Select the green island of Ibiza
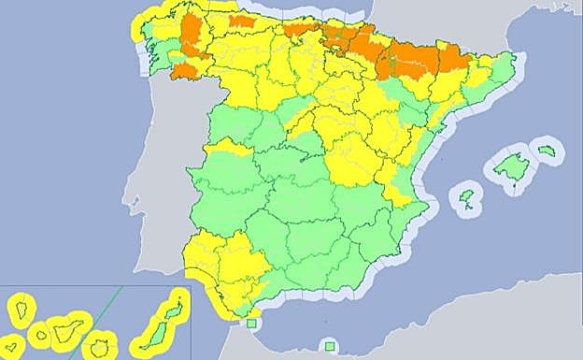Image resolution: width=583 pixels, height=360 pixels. (466, 196)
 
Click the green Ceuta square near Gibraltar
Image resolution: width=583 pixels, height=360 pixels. (249, 324)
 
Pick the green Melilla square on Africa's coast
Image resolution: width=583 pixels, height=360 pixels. (330, 346)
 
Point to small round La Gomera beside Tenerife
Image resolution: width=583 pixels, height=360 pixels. (40, 334)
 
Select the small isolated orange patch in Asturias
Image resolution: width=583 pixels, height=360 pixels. (242, 21)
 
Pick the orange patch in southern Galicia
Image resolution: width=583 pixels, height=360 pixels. (184, 70)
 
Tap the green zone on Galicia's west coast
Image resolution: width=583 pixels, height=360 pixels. (156, 51)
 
